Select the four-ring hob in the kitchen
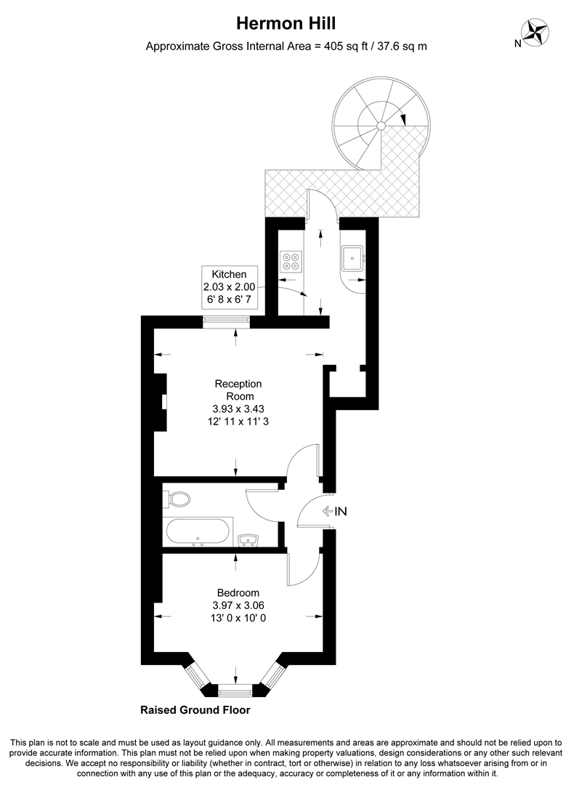click(x=292, y=261)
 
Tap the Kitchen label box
click(x=229, y=287)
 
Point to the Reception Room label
click(x=238, y=390)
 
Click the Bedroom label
click(x=238, y=592)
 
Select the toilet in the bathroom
click(x=178, y=499)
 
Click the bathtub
click(x=198, y=531)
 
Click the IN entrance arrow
click(x=335, y=512)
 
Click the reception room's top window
click(x=226, y=321)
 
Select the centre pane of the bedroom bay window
click(x=235, y=688)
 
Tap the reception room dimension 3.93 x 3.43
click(x=238, y=408)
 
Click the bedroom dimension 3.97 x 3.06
click(x=238, y=605)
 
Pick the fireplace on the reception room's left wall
click(x=163, y=401)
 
